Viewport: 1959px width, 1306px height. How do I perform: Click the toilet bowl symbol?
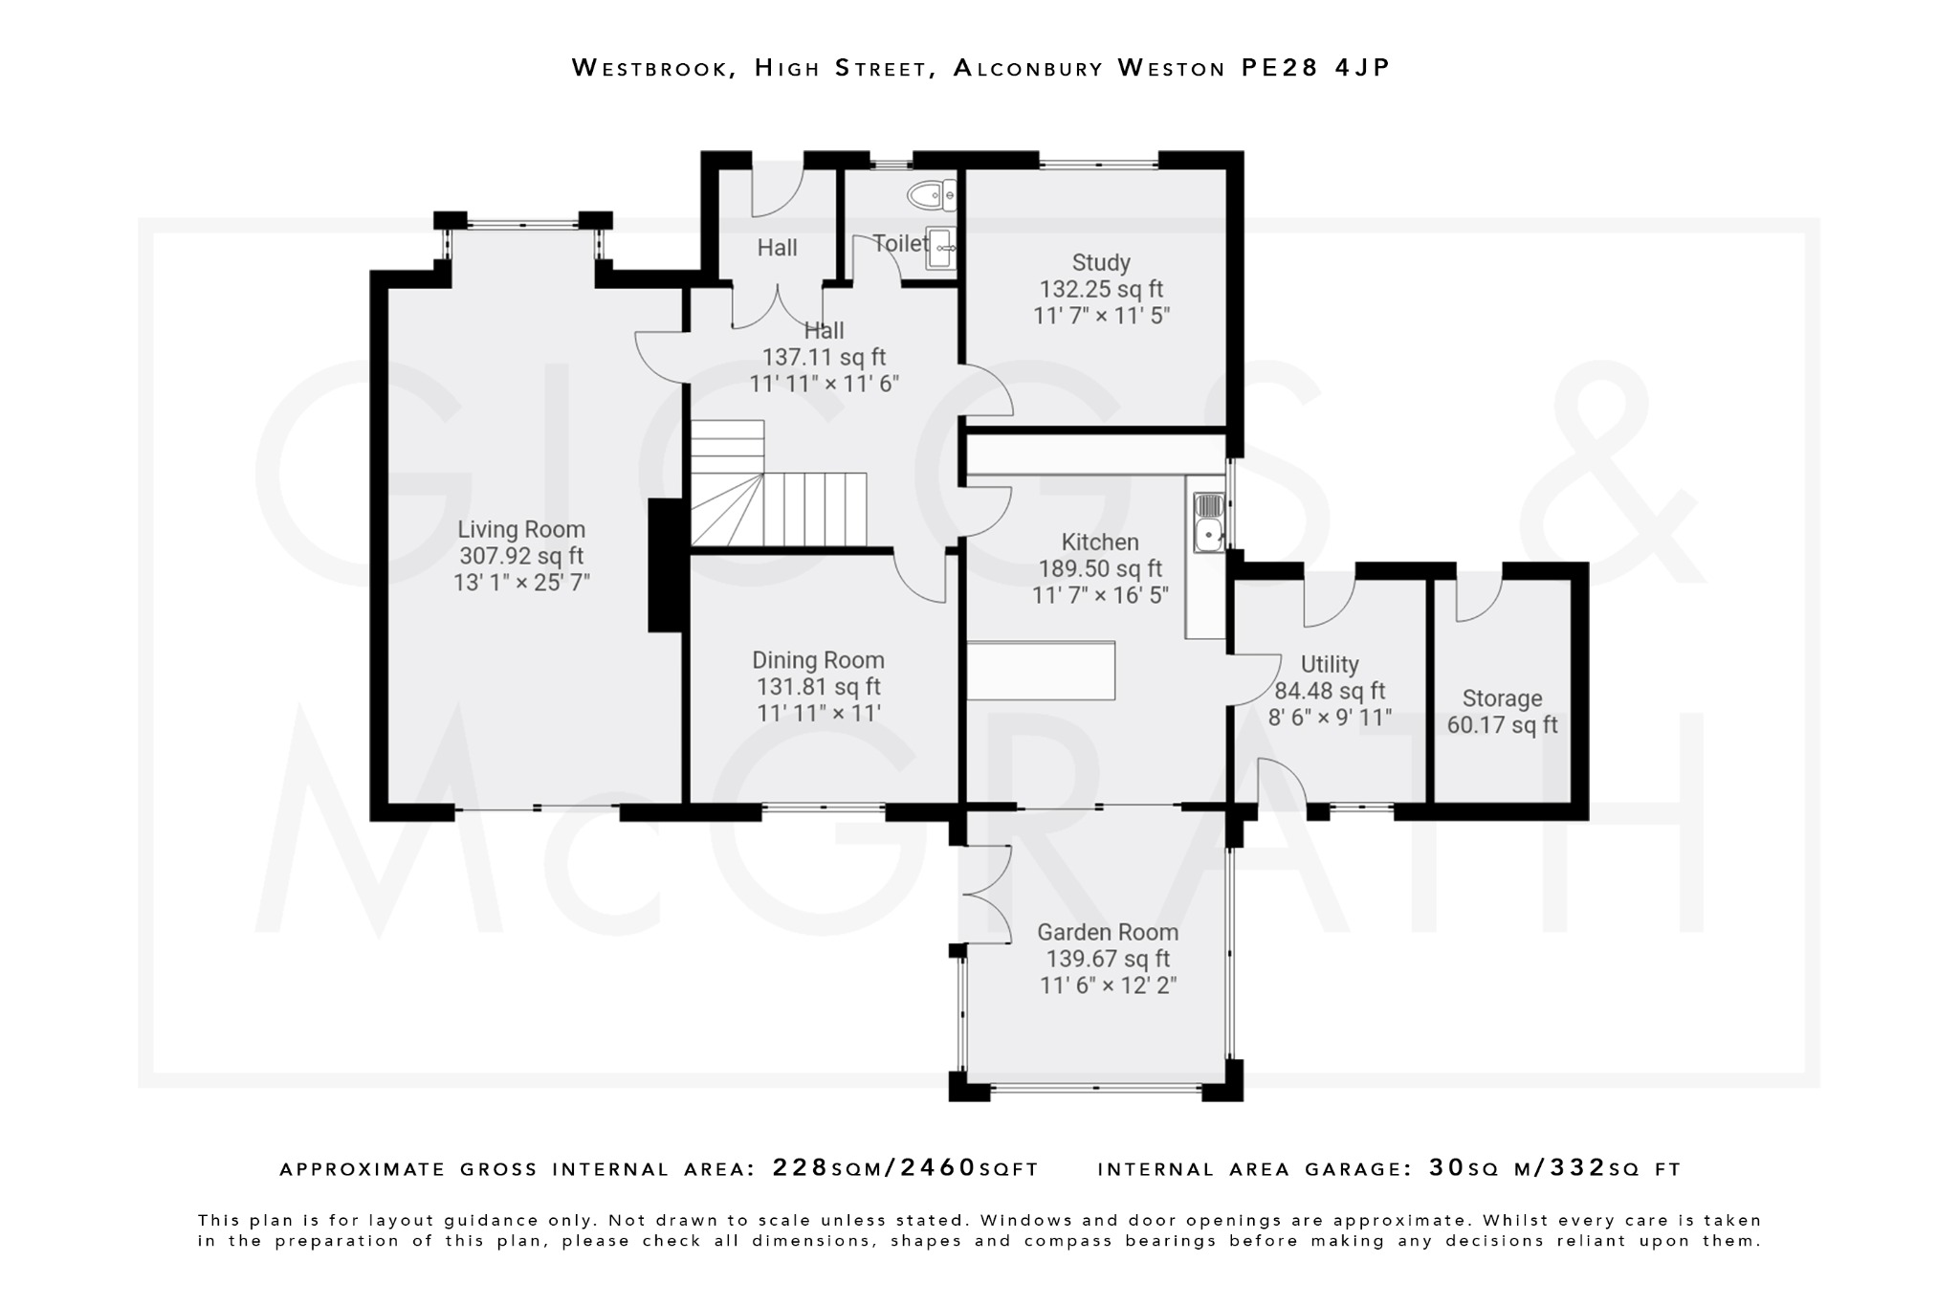[930, 195]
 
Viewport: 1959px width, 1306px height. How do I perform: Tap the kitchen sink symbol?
[1208, 521]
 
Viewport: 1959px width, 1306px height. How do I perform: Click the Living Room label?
[520, 529]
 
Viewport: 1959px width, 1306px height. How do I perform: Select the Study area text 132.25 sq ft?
[1101, 289]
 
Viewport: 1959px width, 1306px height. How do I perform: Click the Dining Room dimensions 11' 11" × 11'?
[818, 713]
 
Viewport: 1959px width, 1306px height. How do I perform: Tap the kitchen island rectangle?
[1041, 671]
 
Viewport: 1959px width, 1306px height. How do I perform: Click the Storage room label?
[1502, 698]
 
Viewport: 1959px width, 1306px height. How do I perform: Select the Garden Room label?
[1108, 932]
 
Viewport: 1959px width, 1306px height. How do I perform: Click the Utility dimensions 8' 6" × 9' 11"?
[1330, 718]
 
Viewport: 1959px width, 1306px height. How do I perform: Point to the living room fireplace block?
[667, 565]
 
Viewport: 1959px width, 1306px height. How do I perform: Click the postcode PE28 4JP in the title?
[1315, 68]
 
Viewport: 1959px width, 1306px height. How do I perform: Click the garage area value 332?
[1577, 1168]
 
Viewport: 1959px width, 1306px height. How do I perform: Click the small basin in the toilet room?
[942, 247]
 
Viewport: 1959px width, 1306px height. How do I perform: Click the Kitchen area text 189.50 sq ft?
[1100, 569]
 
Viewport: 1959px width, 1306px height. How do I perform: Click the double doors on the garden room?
[987, 895]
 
